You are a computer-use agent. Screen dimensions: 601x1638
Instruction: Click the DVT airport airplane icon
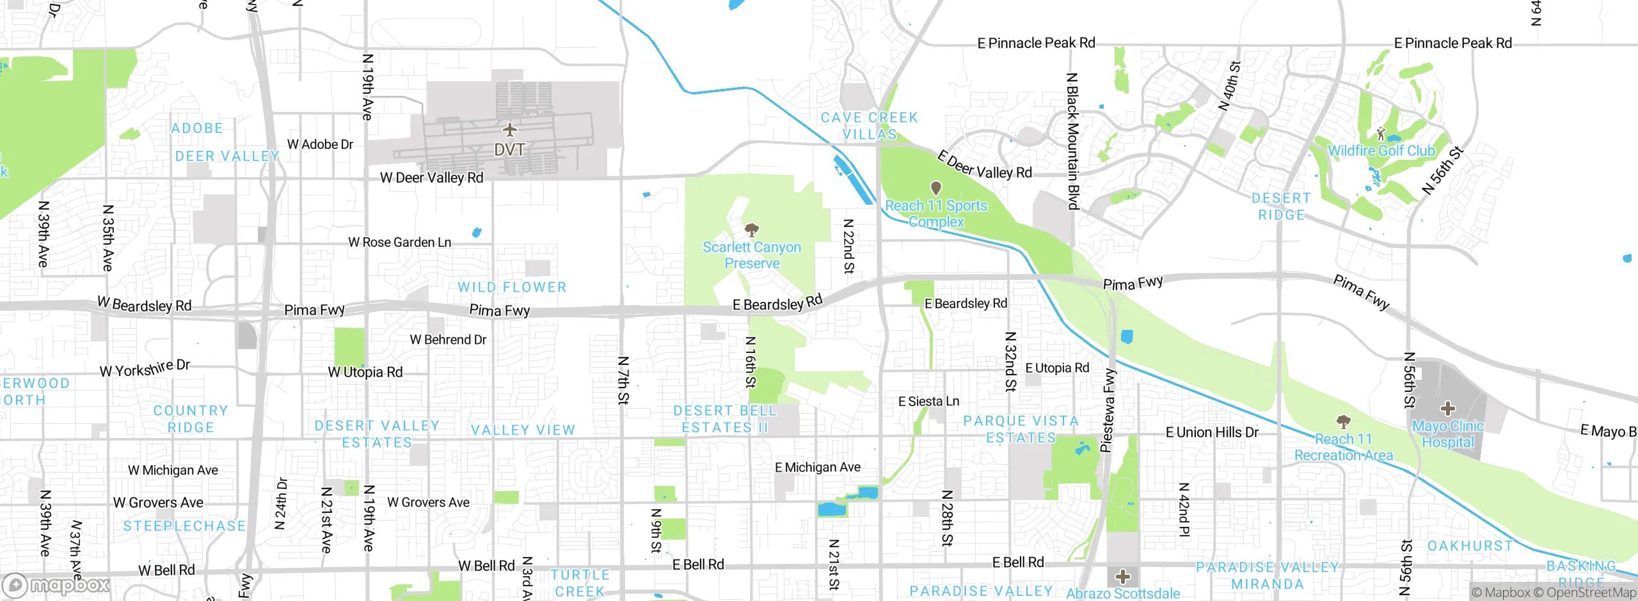click(509, 130)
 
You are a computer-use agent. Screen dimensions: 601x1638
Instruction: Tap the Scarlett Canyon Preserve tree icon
click(752, 230)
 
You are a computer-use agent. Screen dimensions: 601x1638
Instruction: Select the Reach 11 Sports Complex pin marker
click(935, 188)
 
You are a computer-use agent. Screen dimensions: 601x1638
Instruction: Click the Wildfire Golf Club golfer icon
click(1381, 134)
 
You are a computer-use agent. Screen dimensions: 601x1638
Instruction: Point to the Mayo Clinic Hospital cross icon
click(1447, 408)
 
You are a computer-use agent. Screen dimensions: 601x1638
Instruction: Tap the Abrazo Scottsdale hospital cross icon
click(1122, 577)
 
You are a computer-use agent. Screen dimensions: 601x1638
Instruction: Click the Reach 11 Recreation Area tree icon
click(1343, 421)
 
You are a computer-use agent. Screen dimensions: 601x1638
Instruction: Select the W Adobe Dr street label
click(320, 144)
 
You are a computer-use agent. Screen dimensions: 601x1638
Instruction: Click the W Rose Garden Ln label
click(399, 242)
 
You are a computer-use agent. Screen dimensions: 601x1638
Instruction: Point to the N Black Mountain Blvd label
click(1072, 141)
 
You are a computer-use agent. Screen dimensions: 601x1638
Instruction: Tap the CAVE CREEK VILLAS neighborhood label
click(869, 126)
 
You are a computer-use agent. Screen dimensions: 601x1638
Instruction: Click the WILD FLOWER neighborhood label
click(512, 287)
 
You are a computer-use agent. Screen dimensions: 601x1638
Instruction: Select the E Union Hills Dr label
click(1211, 432)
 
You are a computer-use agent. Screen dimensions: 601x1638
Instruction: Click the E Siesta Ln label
click(928, 402)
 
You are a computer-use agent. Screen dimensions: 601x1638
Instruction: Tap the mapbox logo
click(56, 585)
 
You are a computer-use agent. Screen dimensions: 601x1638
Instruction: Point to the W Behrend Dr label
click(448, 340)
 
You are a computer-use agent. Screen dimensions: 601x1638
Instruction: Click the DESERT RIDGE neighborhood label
click(1281, 207)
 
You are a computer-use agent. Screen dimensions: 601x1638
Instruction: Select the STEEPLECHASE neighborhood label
click(184, 526)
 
